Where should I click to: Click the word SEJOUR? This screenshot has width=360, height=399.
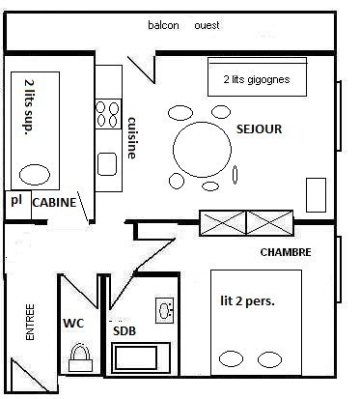pyautogui.click(x=259, y=129)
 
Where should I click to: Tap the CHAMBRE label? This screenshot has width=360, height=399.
pyautogui.click(x=286, y=252)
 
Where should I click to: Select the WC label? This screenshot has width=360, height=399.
pyautogui.click(x=73, y=323)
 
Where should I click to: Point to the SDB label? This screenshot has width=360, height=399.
pyautogui.click(x=125, y=331)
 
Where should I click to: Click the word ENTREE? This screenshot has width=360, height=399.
pyautogui.click(x=30, y=322)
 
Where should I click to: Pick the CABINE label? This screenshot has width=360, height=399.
pyautogui.click(x=54, y=202)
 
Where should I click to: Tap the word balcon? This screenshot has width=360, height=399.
pyautogui.click(x=163, y=25)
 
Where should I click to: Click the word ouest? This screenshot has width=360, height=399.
pyautogui.click(x=208, y=25)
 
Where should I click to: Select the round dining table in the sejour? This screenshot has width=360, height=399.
pyautogui.click(x=202, y=150)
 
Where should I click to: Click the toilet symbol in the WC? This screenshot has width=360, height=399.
pyautogui.click(x=80, y=357)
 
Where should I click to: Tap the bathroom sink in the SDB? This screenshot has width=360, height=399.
pyautogui.click(x=165, y=310)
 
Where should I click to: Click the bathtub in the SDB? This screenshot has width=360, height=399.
pyautogui.click(x=141, y=358)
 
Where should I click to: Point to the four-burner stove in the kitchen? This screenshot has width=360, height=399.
pyautogui.click(x=108, y=114)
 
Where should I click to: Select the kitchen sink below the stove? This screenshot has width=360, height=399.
pyautogui.click(x=107, y=164)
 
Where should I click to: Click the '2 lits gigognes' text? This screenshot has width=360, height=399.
pyautogui.click(x=257, y=79)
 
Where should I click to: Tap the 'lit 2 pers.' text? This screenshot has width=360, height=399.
pyautogui.click(x=247, y=301)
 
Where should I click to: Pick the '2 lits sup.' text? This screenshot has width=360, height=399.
pyautogui.click(x=30, y=105)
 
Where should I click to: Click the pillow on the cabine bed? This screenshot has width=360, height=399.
pyautogui.click(x=35, y=175)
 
